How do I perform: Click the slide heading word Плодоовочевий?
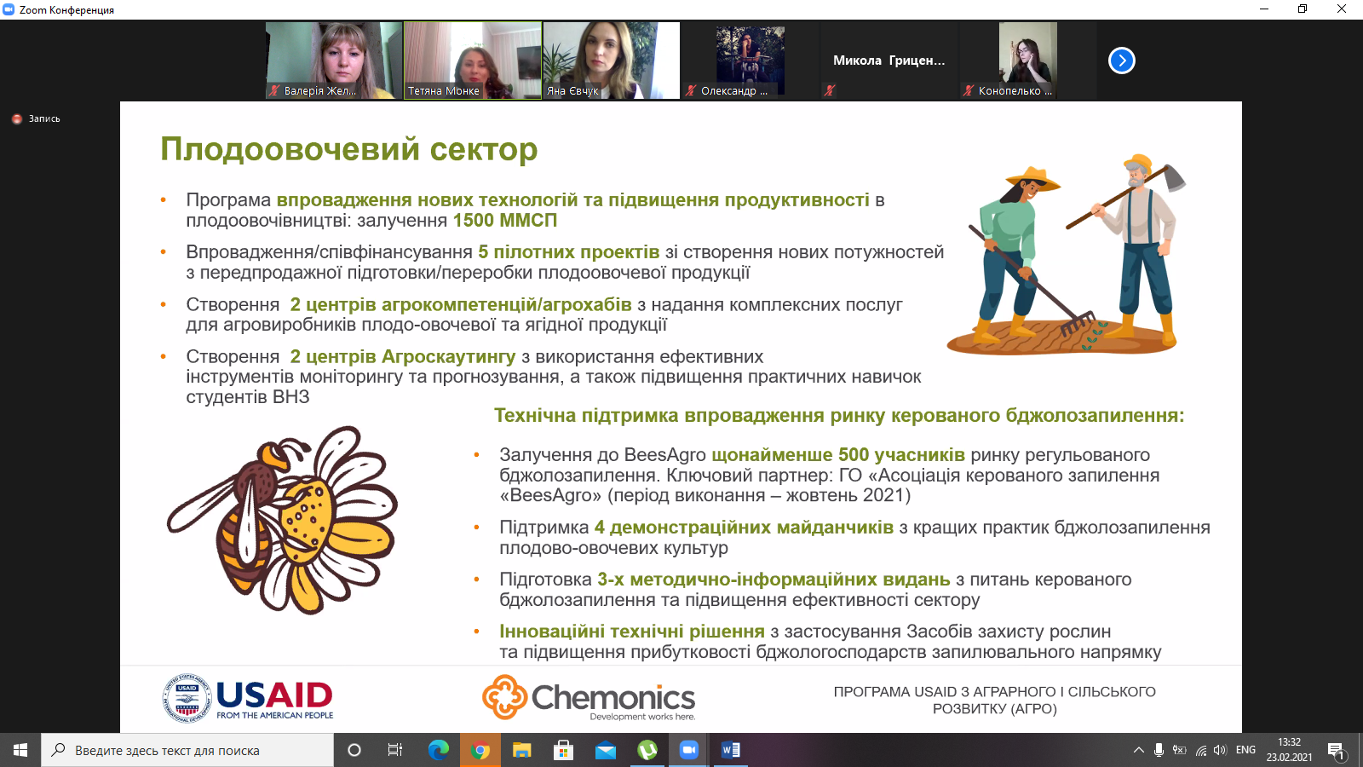point(290,149)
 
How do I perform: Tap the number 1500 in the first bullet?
point(474,221)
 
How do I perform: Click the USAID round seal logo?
point(187,698)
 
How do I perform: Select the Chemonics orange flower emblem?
point(504,696)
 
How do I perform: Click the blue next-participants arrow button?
point(1121,61)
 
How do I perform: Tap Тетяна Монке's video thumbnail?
point(472,61)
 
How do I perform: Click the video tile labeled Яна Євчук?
point(611,61)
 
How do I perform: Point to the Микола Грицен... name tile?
point(889,61)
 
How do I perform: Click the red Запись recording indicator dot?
point(17,118)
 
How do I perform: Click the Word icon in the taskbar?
point(730,750)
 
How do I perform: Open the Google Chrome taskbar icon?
point(480,750)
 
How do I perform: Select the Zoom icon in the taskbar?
point(689,750)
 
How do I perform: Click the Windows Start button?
point(20,750)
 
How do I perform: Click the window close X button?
point(1341,9)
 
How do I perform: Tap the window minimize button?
point(1264,9)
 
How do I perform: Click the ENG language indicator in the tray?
point(1245,750)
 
